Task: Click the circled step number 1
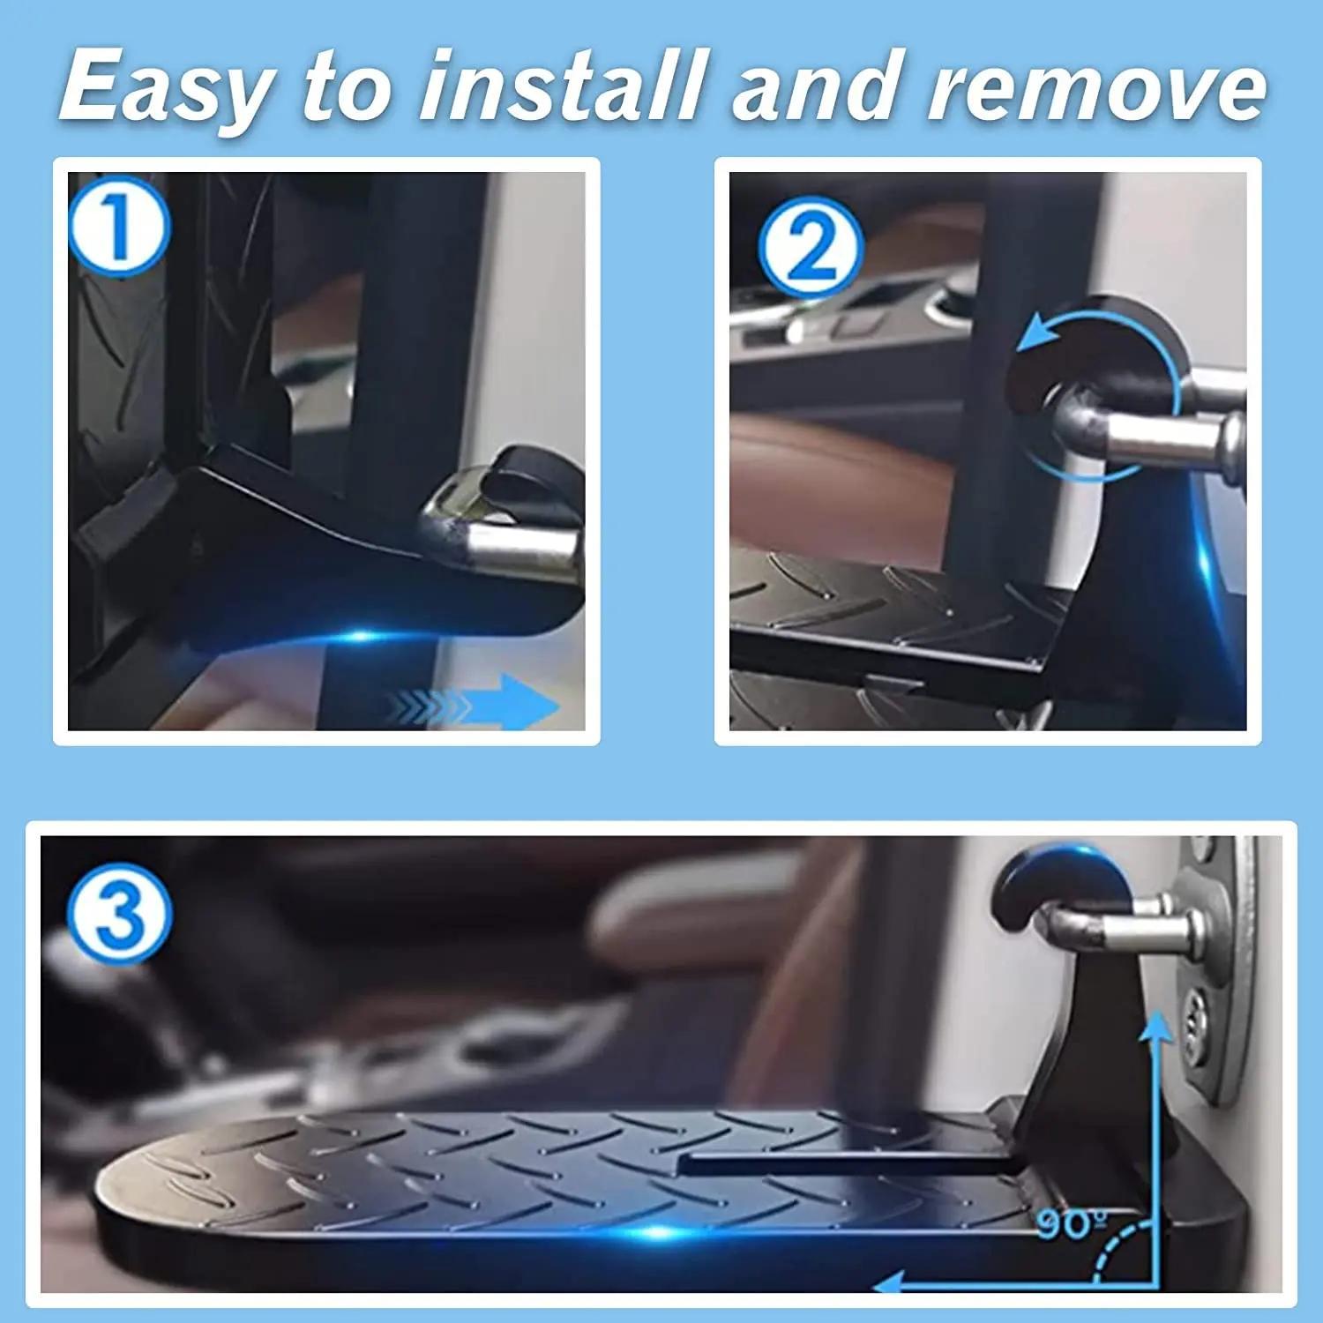tap(116, 225)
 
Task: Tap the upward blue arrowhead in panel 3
tap(1155, 1028)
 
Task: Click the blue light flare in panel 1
tap(362, 635)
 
